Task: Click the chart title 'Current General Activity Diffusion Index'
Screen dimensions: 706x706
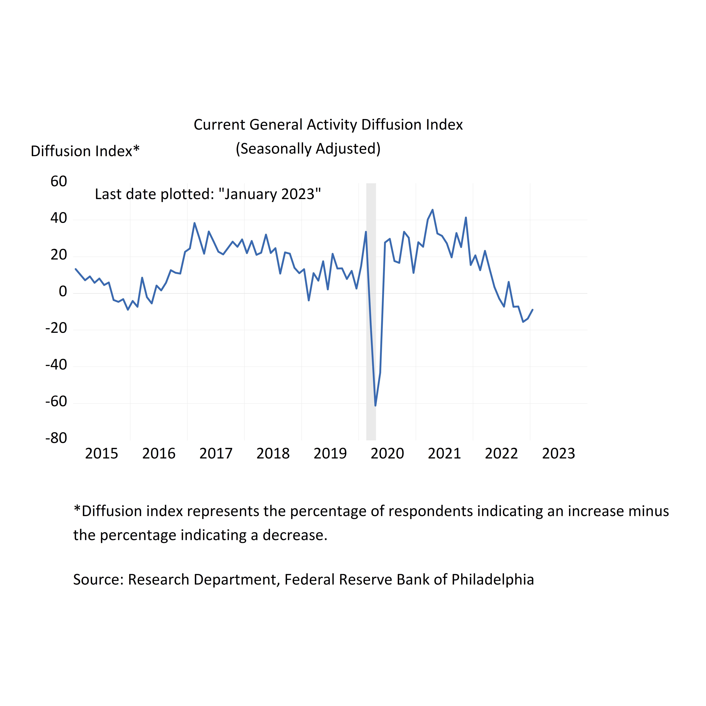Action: click(x=328, y=125)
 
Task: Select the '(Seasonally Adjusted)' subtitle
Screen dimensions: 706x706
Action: click(x=308, y=149)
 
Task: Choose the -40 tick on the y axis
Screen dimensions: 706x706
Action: click(x=56, y=365)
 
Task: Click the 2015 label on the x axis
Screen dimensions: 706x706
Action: click(x=102, y=454)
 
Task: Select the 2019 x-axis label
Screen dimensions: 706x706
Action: click(x=330, y=454)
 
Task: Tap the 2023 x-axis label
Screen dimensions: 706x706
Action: click(x=558, y=454)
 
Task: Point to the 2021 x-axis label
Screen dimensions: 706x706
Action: click(x=444, y=454)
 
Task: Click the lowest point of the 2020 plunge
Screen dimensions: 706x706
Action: click(x=375, y=405)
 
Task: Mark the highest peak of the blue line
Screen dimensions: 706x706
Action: click(x=433, y=210)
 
